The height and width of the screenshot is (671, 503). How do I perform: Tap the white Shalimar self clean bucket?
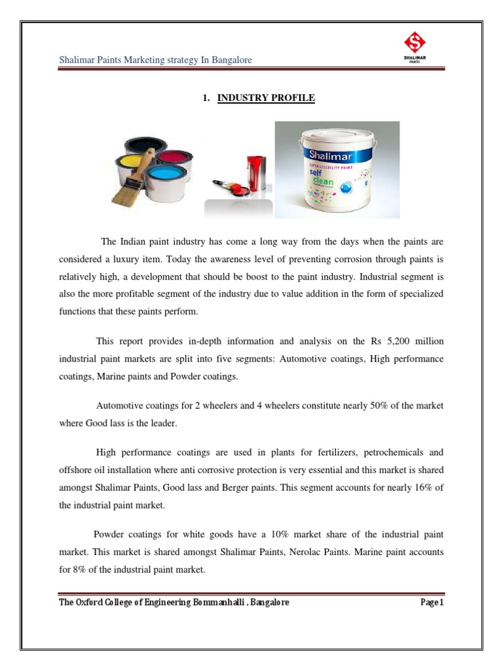(335, 173)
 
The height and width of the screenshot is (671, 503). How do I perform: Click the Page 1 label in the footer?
(432, 602)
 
